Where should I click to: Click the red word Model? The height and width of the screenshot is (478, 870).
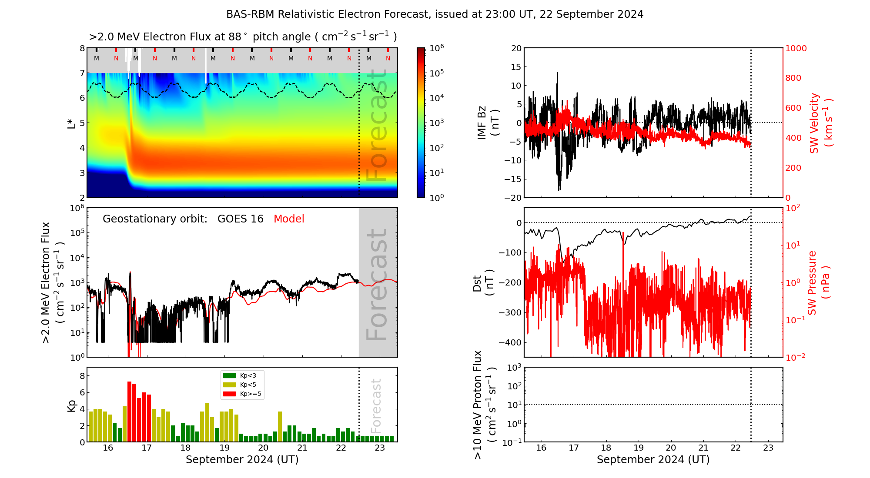click(x=289, y=219)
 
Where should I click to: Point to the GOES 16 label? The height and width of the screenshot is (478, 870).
click(x=241, y=219)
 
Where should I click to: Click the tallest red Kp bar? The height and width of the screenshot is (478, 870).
click(x=129, y=411)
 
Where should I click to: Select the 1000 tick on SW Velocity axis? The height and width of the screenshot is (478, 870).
click(x=796, y=48)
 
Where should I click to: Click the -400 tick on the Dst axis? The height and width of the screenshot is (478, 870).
click(x=510, y=342)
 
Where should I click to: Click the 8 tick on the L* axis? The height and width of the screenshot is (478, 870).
click(x=82, y=48)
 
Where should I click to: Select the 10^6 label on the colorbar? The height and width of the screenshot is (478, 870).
click(x=437, y=48)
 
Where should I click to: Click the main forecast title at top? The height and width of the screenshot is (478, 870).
click(x=435, y=14)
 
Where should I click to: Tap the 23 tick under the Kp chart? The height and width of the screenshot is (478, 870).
click(x=380, y=448)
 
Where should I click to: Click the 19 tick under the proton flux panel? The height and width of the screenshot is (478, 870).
click(x=639, y=448)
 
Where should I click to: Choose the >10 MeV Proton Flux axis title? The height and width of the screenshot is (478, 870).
click(x=484, y=405)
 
